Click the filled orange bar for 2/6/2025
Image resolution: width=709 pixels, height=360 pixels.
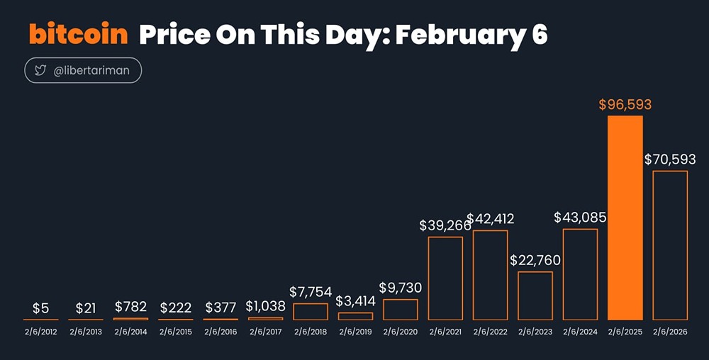tap(625, 217)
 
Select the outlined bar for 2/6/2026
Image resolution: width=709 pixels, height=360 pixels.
tap(670, 244)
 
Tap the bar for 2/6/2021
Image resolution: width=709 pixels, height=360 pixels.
tap(445, 278)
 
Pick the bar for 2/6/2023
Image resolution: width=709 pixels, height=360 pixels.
tap(535, 296)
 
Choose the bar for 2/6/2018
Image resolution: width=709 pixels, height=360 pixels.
tap(311, 311)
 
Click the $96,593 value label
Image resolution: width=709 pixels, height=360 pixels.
tap(625, 105)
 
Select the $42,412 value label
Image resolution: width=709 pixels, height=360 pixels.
tap(491, 218)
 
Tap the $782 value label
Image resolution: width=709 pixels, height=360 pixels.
tap(130, 307)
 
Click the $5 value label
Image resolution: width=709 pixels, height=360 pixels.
tap(40, 308)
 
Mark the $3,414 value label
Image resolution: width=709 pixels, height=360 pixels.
tap(355, 301)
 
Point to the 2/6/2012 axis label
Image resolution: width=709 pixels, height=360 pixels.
tap(40, 331)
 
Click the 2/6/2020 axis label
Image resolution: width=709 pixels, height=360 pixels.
tap(401, 331)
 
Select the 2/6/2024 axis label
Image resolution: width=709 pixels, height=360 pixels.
tap(580, 331)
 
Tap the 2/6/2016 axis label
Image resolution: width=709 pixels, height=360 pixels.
tap(220, 331)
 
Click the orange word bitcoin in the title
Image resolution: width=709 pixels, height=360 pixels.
tap(78, 34)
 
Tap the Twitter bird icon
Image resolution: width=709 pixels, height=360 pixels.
tap(40, 72)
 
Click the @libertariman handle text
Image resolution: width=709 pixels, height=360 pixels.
tap(92, 72)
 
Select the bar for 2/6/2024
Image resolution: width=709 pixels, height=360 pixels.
tap(580, 274)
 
